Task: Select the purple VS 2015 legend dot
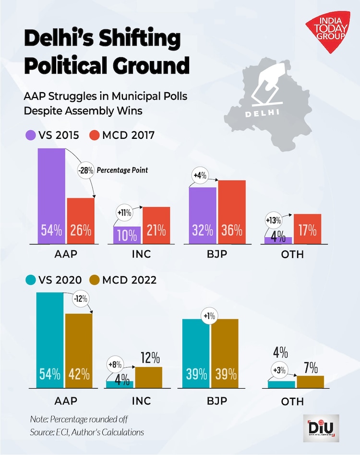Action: [x=30, y=135]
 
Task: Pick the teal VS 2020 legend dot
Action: [x=30, y=280]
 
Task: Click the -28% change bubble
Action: [x=85, y=170]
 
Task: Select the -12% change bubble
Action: [x=80, y=299]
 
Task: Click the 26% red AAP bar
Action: [x=81, y=221]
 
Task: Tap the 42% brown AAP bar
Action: [x=78, y=351]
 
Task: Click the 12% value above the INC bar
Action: [x=150, y=357]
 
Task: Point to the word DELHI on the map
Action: [x=262, y=114]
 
